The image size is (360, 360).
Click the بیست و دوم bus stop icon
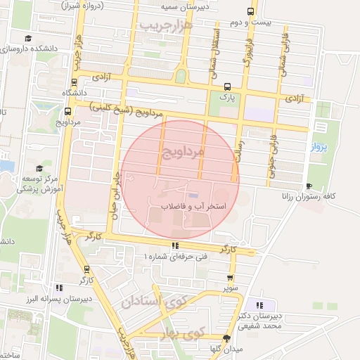pyautogui.click(x=250, y=12)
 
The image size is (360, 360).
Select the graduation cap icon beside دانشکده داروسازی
pyautogui.click(x=27, y=39)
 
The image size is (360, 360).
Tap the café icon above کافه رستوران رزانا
pyautogui.click(x=309, y=186)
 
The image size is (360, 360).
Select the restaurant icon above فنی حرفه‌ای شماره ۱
pyautogui.click(x=175, y=245)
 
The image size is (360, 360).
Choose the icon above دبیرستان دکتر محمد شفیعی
pyautogui.click(x=260, y=305)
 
